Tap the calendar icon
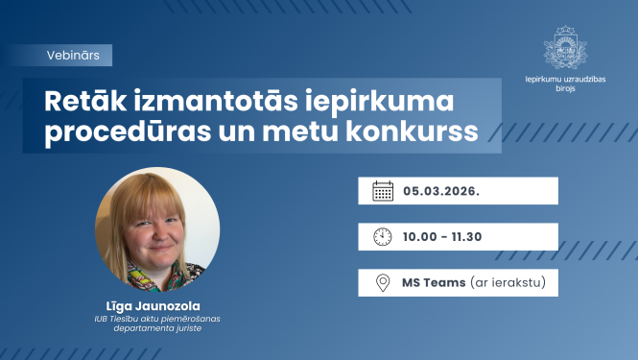383,190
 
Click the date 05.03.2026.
441,190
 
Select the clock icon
383,236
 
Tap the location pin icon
383,283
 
